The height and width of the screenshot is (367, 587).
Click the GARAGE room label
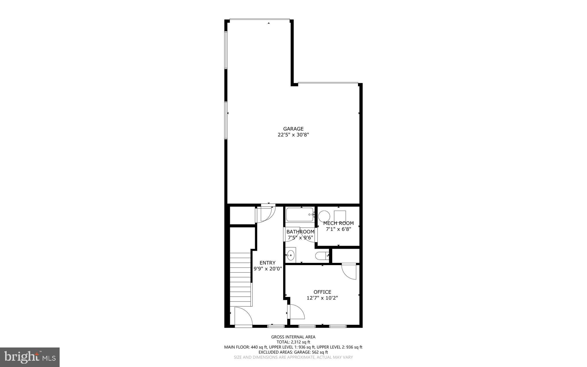point(293,129)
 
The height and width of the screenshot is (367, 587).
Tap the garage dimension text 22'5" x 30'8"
point(293,135)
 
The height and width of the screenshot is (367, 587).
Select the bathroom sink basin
point(291,255)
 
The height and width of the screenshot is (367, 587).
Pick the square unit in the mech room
point(340,216)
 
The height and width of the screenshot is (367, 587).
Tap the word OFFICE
point(322,292)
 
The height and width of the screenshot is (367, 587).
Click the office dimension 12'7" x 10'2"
point(322,298)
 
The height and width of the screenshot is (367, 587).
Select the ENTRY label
point(267,263)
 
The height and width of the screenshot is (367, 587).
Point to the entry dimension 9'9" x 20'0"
point(268,269)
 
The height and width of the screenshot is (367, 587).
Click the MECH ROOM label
point(338,223)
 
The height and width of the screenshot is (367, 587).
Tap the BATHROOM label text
point(300,232)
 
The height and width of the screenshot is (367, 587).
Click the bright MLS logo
point(30,357)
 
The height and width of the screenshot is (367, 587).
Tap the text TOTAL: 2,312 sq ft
point(293,342)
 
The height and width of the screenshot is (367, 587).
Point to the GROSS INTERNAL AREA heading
point(293,337)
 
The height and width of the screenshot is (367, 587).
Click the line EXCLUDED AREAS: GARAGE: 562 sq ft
point(293,352)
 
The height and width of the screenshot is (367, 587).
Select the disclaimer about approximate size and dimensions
point(293,357)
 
